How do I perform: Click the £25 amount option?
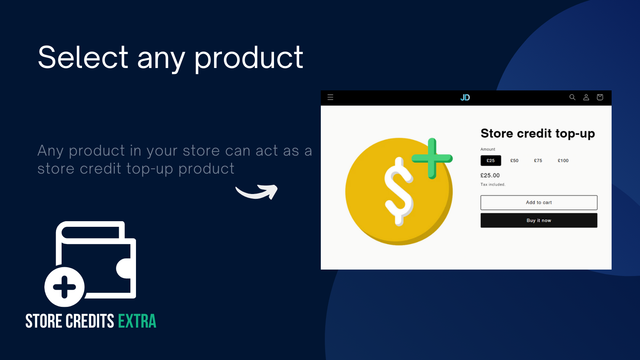(x=490, y=160)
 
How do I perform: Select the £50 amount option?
(x=514, y=160)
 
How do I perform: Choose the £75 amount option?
(x=538, y=160)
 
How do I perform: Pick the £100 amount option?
(x=563, y=160)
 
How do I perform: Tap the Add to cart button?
(x=539, y=202)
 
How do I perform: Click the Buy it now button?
(x=539, y=220)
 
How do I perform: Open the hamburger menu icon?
(x=330, y=98)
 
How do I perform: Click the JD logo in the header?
(x=465, y=98)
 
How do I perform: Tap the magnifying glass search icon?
(x=572, y=97)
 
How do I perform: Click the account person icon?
(x=586, y=98)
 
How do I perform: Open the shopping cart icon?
(x=600, y=97)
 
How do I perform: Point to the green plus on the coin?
(x=432, y=158)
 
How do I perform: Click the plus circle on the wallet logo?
(x=64, y=287)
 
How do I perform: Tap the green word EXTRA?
(x=137, y=321)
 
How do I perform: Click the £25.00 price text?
(x=490, y=176)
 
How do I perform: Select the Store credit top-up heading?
(x=538, y=134)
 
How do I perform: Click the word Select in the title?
(x=83, y=58)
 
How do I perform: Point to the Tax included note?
(x=493, y=184)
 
